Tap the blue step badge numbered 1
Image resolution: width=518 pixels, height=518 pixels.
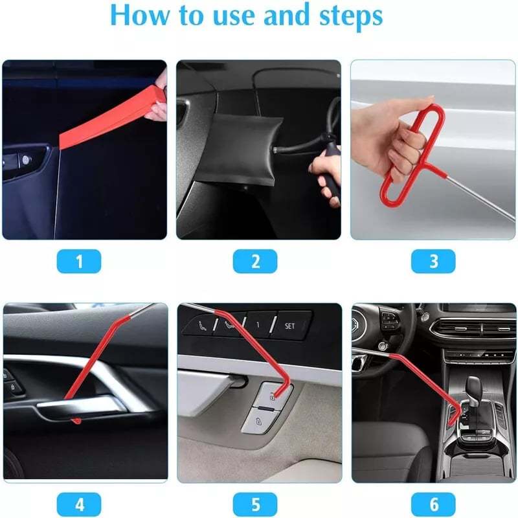pos(79,261)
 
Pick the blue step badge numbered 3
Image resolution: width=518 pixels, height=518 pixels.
pos(433,261)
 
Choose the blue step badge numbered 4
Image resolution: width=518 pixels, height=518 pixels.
pos(79,504)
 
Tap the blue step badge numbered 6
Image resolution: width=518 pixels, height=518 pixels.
pos(433,504)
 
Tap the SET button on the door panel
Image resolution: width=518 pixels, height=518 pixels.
pos(289,326)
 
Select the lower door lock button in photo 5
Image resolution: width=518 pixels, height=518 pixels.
pos(260,422)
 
